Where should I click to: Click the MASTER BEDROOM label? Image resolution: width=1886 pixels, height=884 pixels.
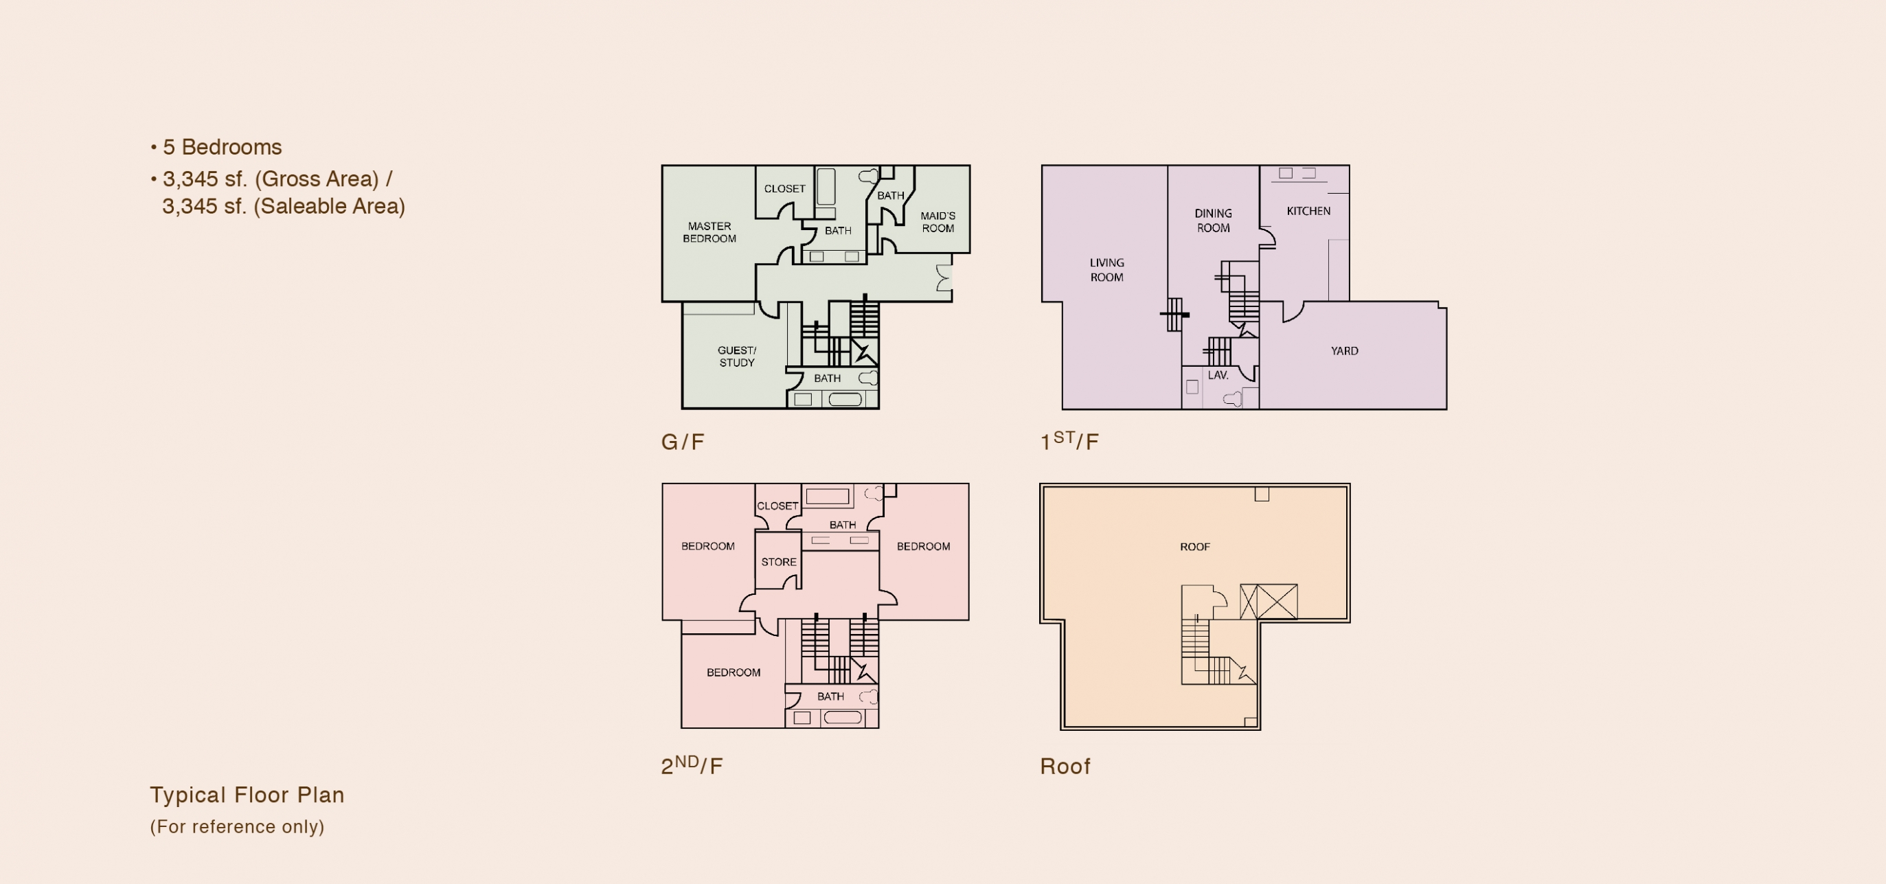[x=709, y=232]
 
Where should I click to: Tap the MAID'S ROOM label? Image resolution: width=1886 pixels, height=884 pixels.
[x=938, y=222]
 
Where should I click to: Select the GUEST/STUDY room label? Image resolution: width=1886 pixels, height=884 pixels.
[x=736, y=356]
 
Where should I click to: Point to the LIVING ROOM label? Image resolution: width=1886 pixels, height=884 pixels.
[x=1106, y=269]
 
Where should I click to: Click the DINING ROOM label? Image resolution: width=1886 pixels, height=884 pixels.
[x=1213, y=220]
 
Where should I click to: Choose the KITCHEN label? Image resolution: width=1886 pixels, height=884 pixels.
[x=1308, y=211]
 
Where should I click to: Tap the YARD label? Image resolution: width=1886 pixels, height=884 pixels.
[x=1344, y=351]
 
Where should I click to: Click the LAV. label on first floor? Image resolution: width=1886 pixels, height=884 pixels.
[x=1218, y=375]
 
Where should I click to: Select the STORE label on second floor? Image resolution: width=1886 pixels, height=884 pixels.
[x=778, y=562]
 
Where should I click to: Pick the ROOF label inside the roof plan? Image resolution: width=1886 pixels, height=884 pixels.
[x=1195, y=546]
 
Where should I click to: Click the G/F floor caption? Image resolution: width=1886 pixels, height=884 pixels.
[x=683, y=442]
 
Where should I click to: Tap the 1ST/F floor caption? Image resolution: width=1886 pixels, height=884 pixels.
[x=1069, y=440]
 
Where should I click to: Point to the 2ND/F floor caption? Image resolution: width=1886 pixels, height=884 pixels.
[x=692, y=764]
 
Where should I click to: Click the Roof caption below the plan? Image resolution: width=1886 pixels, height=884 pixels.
[x=1065, y=766]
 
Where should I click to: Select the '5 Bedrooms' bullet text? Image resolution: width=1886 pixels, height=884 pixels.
[x=222, y=147]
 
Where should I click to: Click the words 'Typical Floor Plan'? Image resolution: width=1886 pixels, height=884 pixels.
[x=247, y=795]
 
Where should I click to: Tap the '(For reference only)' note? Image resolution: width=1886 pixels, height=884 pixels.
[x=237, y=827]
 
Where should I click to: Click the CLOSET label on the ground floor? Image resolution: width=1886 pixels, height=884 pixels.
[x=785, y=188]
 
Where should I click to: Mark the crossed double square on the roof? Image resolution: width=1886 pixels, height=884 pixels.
[x=1269, y=602]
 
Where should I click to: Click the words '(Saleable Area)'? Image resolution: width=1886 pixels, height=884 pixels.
[x=330, y=207]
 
